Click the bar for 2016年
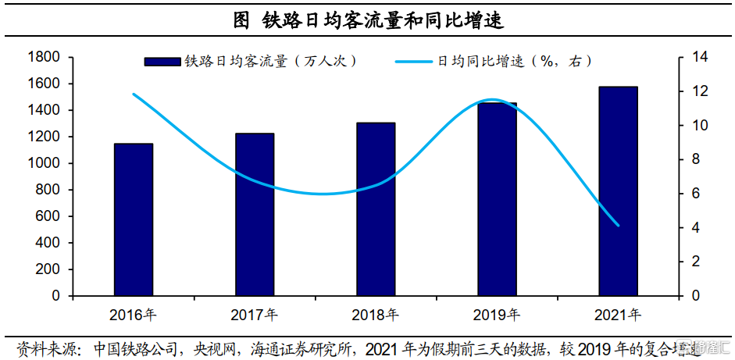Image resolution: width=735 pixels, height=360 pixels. (x=134, y=219)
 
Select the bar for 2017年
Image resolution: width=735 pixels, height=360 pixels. (x=255, y=215)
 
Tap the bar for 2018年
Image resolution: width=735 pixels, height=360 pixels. (x=376, y=209)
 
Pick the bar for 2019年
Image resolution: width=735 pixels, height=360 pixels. (x=498, y=199)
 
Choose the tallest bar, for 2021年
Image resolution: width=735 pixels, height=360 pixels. (x=619, y=191)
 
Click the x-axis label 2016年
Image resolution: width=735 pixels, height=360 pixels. (x=134, y=315)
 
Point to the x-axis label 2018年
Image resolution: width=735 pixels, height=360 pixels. (x=376, y=315)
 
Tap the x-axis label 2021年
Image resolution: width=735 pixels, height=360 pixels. (x=619, y=315)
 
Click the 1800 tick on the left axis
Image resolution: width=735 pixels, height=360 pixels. (x=44, y=57)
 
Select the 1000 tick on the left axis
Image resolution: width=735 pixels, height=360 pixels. (x=44, y=163)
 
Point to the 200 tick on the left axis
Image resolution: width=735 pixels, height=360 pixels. (x=48, y=269)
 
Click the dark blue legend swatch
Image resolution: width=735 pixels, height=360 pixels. (x=162, y=61)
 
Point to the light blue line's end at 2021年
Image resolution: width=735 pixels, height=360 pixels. (x=619, y=226)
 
